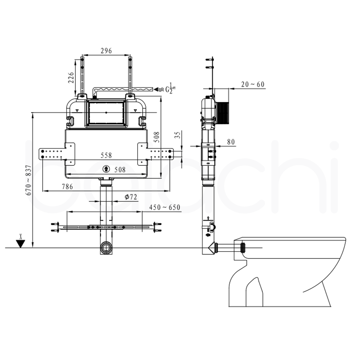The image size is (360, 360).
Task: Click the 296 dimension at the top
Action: [x=106, y=51]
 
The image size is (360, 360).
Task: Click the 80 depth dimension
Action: [x=231, y=142]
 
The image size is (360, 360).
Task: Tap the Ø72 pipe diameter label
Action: [x=130, y=197]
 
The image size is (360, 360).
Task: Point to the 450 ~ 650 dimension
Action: [x=165, y=207]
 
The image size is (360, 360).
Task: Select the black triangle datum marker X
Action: [x=21, y=243]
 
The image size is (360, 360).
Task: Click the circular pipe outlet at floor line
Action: [x=106, y=248]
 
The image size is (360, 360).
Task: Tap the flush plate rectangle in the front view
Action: [x=106, y=113]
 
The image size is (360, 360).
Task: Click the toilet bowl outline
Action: [x=287, y=270]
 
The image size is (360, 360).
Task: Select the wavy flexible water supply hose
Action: [x=123, y=89]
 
